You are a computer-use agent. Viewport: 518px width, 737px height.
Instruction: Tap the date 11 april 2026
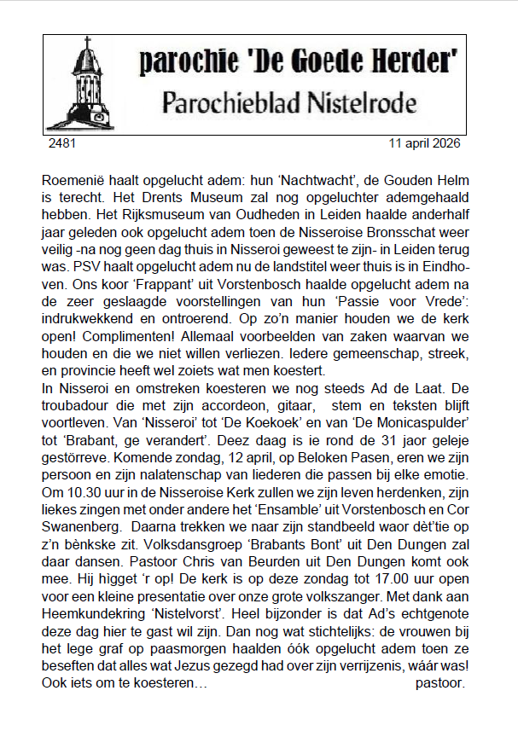pyautogui.click(x=423, y=143)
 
